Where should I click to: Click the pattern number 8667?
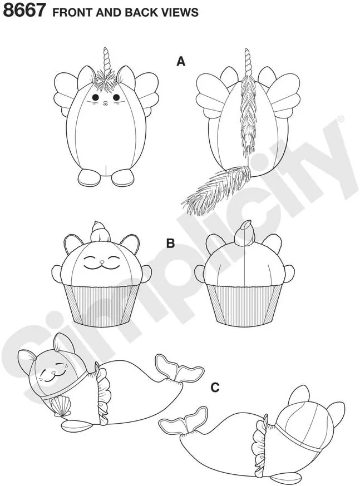coord(24,9)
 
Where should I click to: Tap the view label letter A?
coord(181,61)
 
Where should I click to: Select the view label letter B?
coord(171,244)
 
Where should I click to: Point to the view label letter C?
coord(215,388)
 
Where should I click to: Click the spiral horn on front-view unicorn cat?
coord(106,59)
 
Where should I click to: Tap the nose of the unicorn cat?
coord(105,102)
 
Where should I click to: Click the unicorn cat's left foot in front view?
coord(87,177)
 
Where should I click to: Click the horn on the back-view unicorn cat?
coord(247,61)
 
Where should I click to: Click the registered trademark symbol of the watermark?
coord(340,118)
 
